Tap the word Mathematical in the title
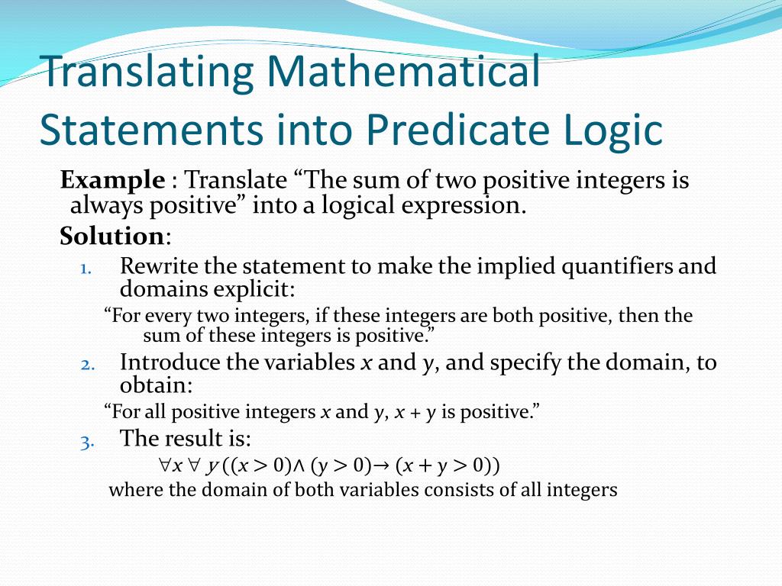tap(404, 72)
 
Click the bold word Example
tap(112, 181)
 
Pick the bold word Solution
tap(111, 237)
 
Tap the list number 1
tap(86, 268)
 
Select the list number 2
tap(87, 364)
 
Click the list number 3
tap(87, 441)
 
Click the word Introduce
tap(171, 362)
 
